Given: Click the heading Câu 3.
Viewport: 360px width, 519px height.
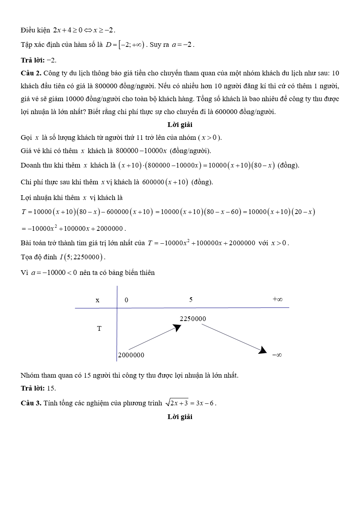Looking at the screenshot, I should tap(31, 403).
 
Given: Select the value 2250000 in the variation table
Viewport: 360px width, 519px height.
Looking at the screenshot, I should tap(193, 319).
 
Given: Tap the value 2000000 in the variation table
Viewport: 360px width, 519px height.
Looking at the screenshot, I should tap(131, 355).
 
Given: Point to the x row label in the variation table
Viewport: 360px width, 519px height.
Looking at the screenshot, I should tap(97, 300).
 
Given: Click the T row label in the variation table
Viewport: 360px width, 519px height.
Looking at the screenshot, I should tap(99, 328).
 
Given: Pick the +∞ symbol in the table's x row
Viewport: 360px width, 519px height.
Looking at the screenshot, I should tap(278, 299).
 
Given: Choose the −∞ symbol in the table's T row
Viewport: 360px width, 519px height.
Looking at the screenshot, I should tap(277, 355).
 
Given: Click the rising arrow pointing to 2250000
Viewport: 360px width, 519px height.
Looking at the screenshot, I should tap(155, 337).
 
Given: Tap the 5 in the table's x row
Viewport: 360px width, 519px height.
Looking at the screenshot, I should tap(191, 300).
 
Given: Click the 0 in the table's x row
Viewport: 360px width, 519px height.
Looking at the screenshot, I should tap(126, 300).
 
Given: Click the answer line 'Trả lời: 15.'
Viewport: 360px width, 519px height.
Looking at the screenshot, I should tap(38, 388).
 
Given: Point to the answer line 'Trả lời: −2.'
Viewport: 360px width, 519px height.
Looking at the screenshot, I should tap(39, 60).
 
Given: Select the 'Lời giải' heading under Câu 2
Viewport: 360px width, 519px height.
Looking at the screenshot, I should tap(180, 125).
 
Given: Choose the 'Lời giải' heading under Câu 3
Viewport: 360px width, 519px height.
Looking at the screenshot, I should tap(180, 417).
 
